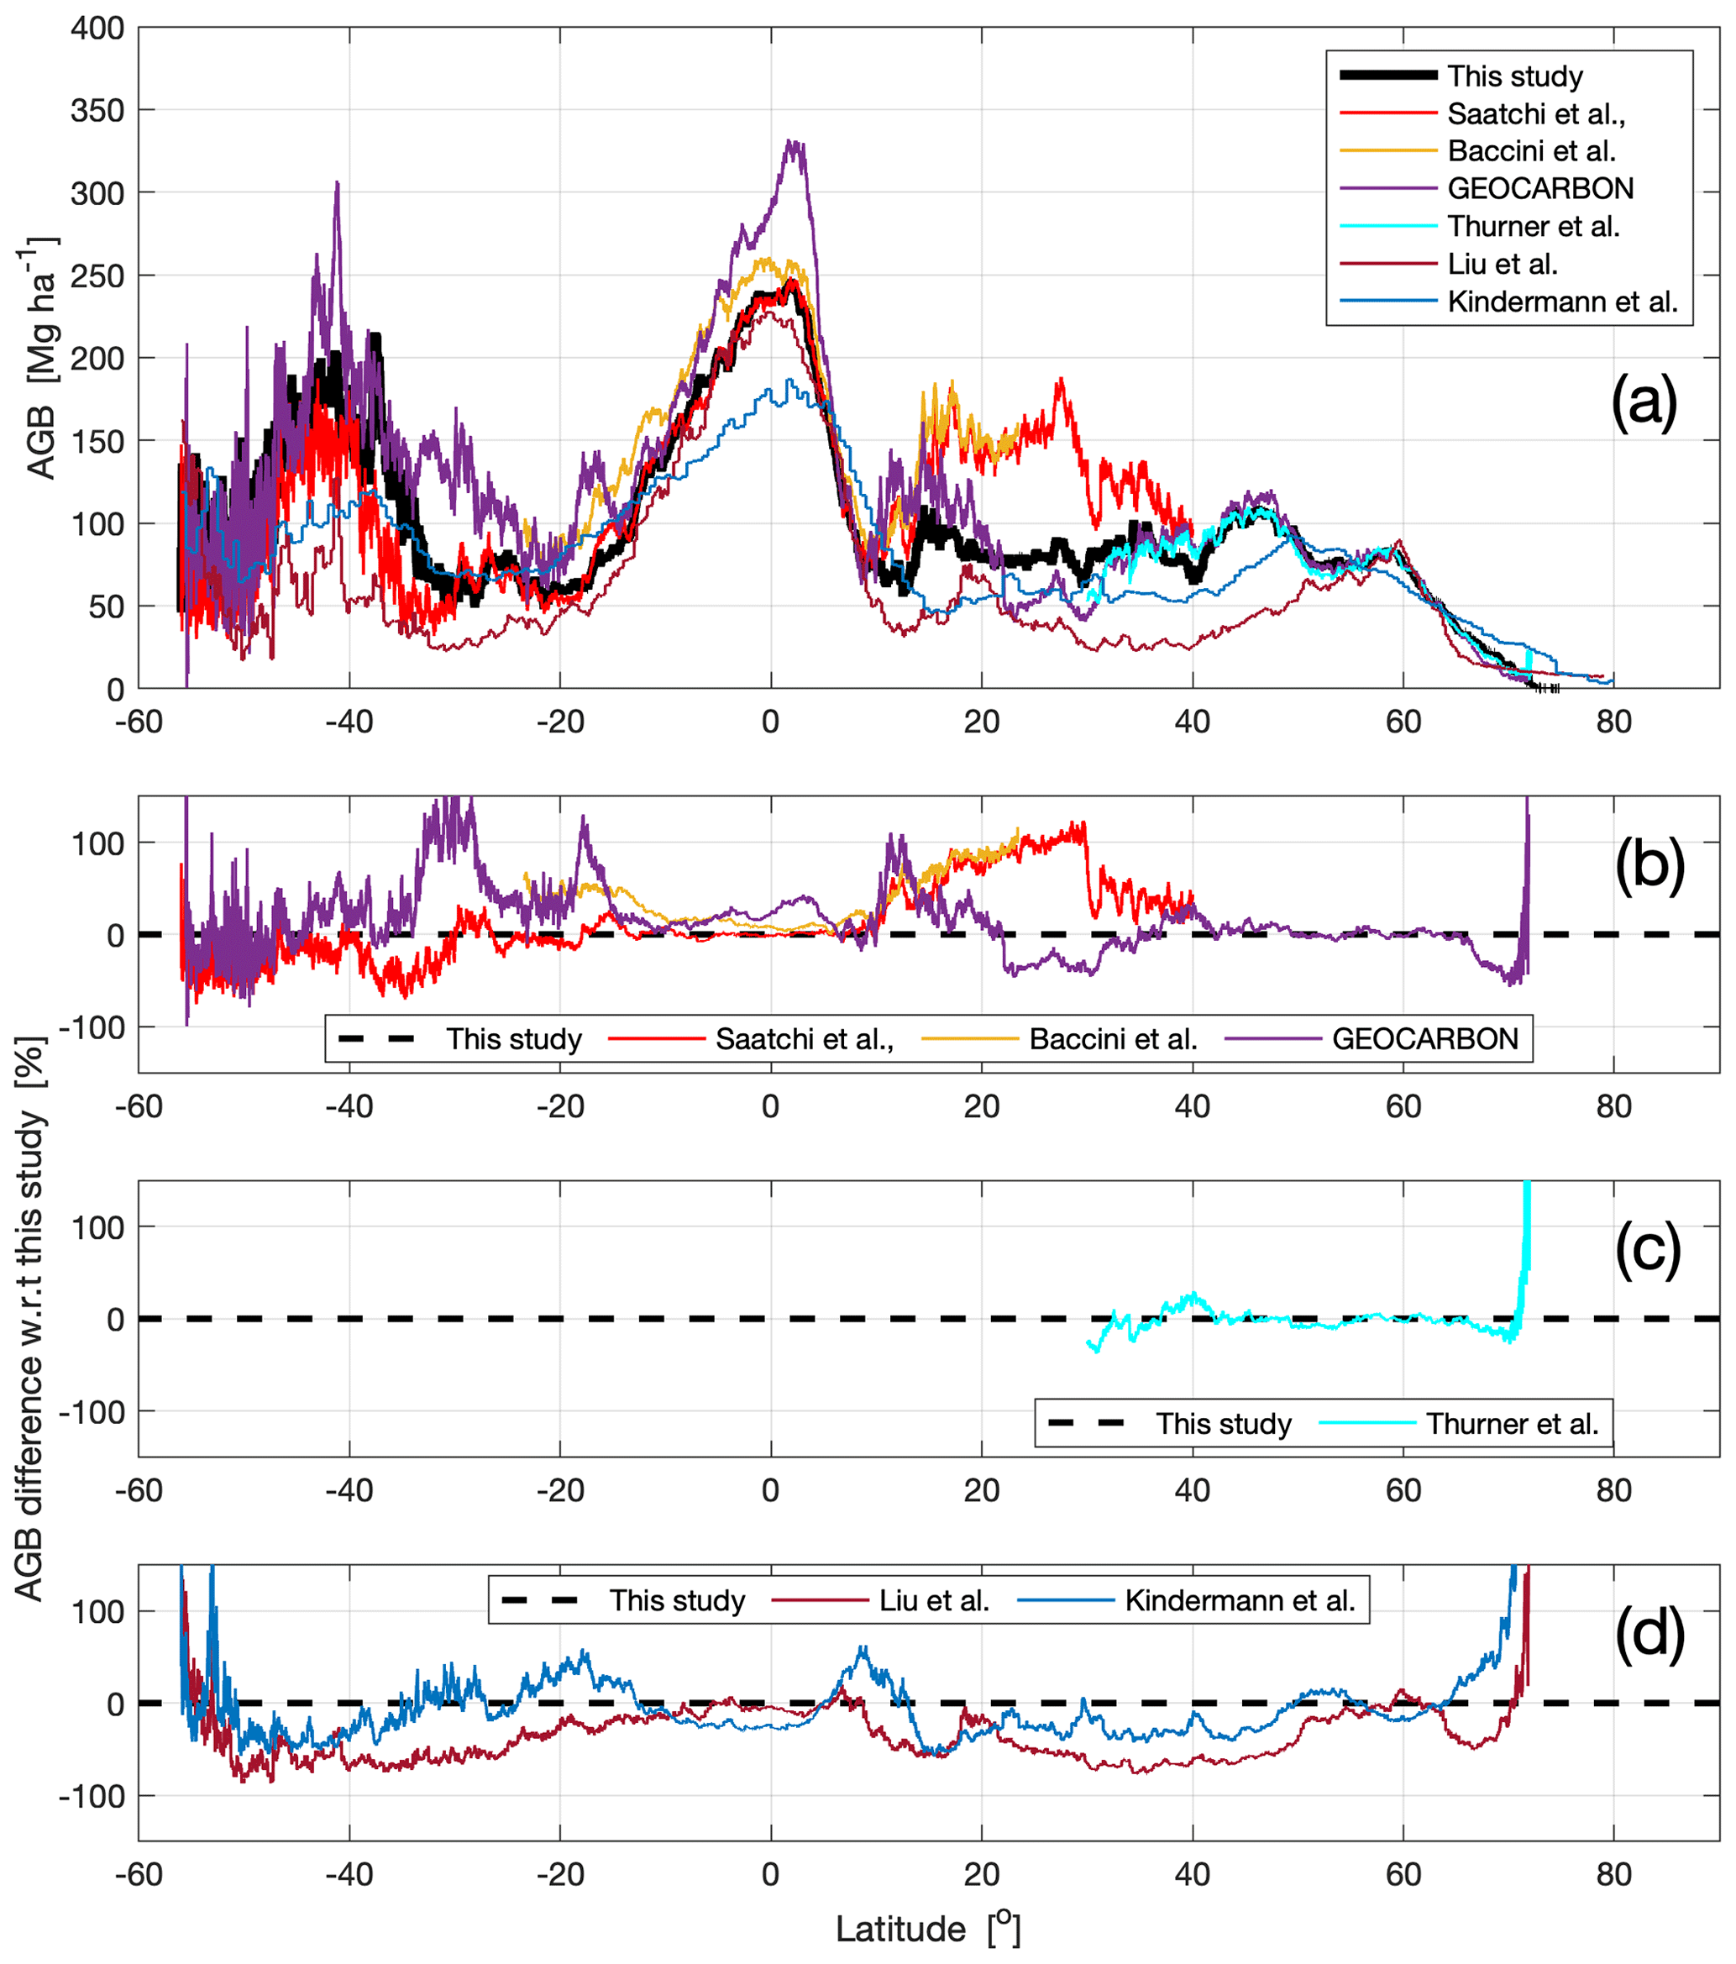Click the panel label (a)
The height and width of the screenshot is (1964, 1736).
tap(1644, 401)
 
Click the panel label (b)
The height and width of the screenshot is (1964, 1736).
tap(1649, 864)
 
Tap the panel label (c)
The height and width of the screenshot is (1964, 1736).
tap(1648, 1248)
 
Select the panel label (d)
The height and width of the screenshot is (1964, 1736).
tap(1649, 1634)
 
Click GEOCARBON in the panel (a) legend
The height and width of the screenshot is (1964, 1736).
tap(1540, 188)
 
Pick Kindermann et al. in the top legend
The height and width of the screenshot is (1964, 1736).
tap(1562, 302)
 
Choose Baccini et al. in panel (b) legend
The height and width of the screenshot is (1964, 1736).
tap(1113, 1038)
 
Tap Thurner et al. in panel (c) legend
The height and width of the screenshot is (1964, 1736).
tap(1512, 1423)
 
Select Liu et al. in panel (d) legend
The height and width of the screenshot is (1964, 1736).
tap(934, 1599)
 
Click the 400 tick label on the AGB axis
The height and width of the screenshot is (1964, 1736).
tap(98, 28)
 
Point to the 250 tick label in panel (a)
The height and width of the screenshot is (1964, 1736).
tap(98, 276)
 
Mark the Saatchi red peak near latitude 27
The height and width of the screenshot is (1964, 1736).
tap(1061, 380)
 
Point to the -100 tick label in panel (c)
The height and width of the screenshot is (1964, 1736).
tap(92, 1411)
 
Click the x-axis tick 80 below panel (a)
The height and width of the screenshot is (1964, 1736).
tap(1614, 722)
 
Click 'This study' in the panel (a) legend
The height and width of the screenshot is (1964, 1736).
tap(1515, 76)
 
